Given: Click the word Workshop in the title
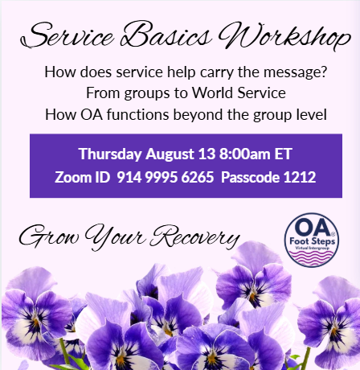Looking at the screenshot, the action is [284, 36].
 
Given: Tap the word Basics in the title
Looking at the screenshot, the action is [166, 34].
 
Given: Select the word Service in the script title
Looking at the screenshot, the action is [67, 35].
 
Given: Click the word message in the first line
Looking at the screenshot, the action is [295, 72].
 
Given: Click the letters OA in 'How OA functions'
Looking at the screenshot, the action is [92, 114].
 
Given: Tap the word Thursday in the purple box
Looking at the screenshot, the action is [110, 154].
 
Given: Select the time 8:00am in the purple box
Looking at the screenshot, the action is [245, 154].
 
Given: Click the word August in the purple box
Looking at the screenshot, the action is [170, 154].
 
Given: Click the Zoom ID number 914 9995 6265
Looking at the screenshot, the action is [166, 177].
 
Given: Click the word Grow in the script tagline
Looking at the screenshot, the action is [49, 236].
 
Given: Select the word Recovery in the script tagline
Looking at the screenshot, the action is [194, 236].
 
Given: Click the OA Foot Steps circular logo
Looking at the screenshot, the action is [312, 240].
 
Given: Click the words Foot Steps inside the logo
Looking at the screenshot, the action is [312, 241].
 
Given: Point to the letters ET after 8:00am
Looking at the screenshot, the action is [283, 154].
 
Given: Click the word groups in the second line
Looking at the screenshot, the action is [147, 94].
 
